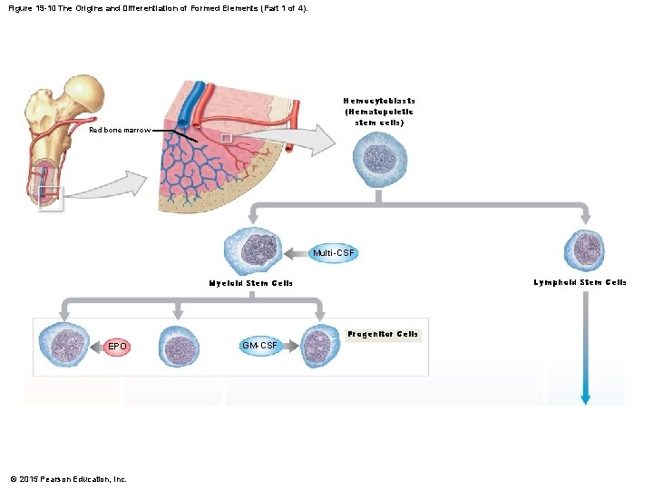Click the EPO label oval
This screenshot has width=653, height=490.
(x=117, y=347)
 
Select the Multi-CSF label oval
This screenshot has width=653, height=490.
(x=334, y=252)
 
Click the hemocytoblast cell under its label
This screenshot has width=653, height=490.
(x=379, y=159)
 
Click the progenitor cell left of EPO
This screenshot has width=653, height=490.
(x=65, y=346)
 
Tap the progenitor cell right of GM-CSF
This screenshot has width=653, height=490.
(x=318, y=346)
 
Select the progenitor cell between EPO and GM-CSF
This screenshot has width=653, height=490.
(x=180, y=347)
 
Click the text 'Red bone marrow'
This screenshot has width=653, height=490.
(x=120, y=131)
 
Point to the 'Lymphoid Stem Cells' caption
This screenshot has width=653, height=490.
(x=580, y=283)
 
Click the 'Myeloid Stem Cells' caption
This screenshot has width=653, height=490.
(x=251, y=283)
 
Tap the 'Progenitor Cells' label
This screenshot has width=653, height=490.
(x=382, y=334)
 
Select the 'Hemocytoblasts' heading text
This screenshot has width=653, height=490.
(x=379, y=101)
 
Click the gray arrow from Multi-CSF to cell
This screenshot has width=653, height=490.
(x=297, y=252)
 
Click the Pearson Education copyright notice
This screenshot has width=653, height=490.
(x=68, y=478)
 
